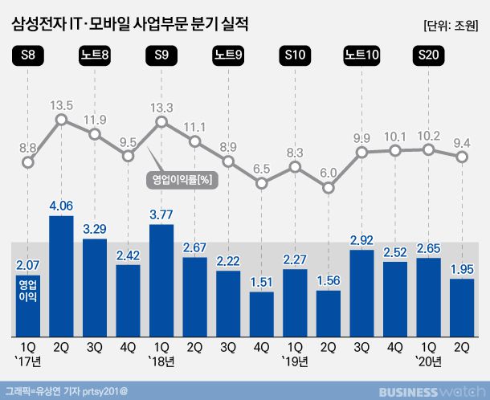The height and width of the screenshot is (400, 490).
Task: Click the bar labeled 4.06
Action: pyautogui.click(x=61, y=276)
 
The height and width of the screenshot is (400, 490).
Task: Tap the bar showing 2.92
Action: pyautogui.click(x=361, y=292)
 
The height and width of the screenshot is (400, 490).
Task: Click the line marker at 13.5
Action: pyautogui.click(x=61, y=121)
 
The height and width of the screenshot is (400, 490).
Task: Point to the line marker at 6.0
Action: pyautogui.click(x=329, y=188)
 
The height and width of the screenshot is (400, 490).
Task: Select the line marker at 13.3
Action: pyautogui.click(x=161, y=122)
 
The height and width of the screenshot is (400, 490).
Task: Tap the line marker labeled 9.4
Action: pyautogui.click(x=462, y=157)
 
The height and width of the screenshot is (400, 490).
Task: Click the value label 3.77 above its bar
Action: pyautogui.click(x=161, y=214)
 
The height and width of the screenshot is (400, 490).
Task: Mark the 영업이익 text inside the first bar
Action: pyautogui.click(x=28, y=290)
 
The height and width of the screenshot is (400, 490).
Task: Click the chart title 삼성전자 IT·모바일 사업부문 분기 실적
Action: pyautogui.click(x=130, y=25)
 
